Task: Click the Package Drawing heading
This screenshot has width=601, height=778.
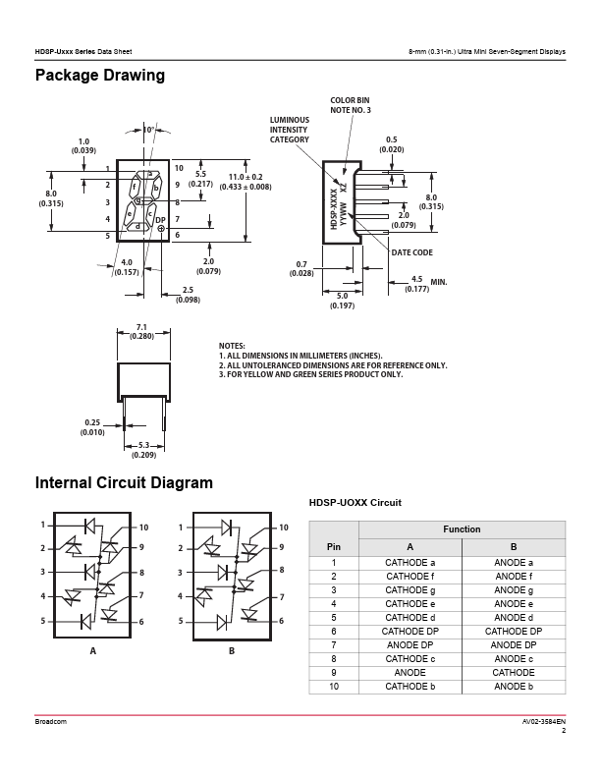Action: click(100, 76)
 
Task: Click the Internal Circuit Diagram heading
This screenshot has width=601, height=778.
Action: click(124, 483)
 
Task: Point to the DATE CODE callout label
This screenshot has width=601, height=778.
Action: click(412, 252)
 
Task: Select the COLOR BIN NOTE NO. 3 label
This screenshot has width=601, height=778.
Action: click(350, 105)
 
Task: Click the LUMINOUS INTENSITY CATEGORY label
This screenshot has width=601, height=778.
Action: click(289, 130)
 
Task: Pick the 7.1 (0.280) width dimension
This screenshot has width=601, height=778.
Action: click(141, 331)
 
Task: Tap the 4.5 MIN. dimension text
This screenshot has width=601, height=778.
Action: click(427, 284)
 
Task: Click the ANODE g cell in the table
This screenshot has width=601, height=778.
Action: click(513, 590)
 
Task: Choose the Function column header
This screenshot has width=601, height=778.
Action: click(462, 529)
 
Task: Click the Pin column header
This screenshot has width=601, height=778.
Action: click(334, 547)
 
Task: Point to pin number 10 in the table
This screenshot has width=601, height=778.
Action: click(334, 687)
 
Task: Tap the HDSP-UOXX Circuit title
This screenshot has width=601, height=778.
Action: click(355, 503)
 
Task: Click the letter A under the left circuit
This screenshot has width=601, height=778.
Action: click(93, 651)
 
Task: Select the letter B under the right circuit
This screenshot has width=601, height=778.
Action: click(232, 651)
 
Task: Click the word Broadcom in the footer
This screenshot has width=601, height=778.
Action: click(51, 722)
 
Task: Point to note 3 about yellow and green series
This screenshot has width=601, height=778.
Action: click(311, 374)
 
